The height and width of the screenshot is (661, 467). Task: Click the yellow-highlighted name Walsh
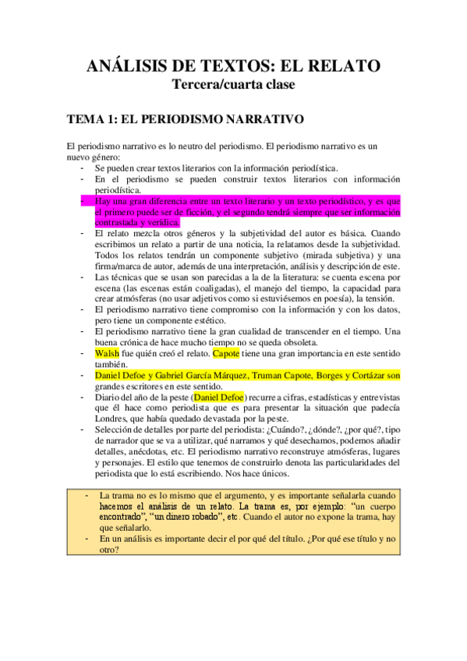[x=106, y=353]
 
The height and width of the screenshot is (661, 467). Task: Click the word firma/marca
[x=122, y=266]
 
